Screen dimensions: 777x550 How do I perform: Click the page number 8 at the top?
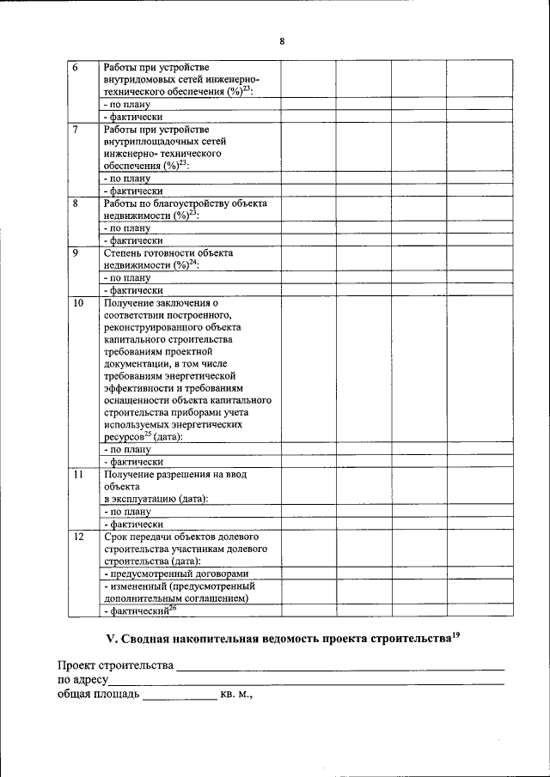coord(281,41)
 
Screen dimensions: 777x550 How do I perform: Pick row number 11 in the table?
coord(76,474)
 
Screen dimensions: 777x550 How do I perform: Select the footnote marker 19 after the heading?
coord(457,635)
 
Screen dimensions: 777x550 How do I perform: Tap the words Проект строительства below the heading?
coord(115,666)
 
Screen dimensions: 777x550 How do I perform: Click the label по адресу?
coord(82,680)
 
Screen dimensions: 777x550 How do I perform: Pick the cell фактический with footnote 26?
coord(139,610)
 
